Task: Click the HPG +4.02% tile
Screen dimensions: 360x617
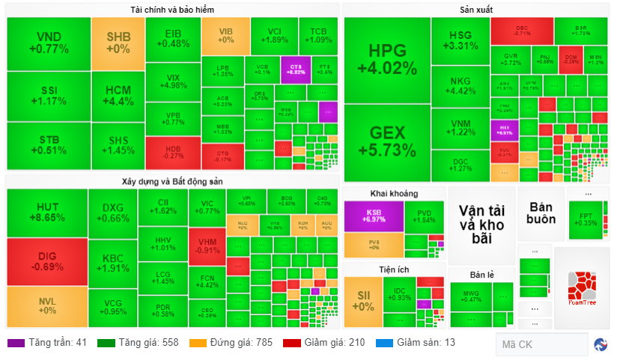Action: pyautogui.click(x=387, y=60)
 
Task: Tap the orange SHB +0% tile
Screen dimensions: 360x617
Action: pyautogui.click(x=118, y=43)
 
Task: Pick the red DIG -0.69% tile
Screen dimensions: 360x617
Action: pyautogui.click(x=47, y=261)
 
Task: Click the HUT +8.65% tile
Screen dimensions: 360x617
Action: pyautogui.click(x=47, y=213)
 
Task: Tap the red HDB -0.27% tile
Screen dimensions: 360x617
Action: pyautogui.click(x=173, y=152)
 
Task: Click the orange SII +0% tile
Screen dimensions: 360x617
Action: pyautogui.click(x=363, y=302)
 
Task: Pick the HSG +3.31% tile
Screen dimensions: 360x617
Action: pyautogui.click(x=461, y=41)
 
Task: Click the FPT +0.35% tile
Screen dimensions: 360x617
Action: pyautogui.click(x=588, y=219)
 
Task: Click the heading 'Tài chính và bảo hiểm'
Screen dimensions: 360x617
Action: pyautogui.click(x=172, y=9)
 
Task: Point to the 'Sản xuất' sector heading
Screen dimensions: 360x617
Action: pyautogui.click(x=476, y=9)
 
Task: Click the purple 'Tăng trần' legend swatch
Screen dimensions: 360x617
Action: pyautogui.click(x=16, y=344)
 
